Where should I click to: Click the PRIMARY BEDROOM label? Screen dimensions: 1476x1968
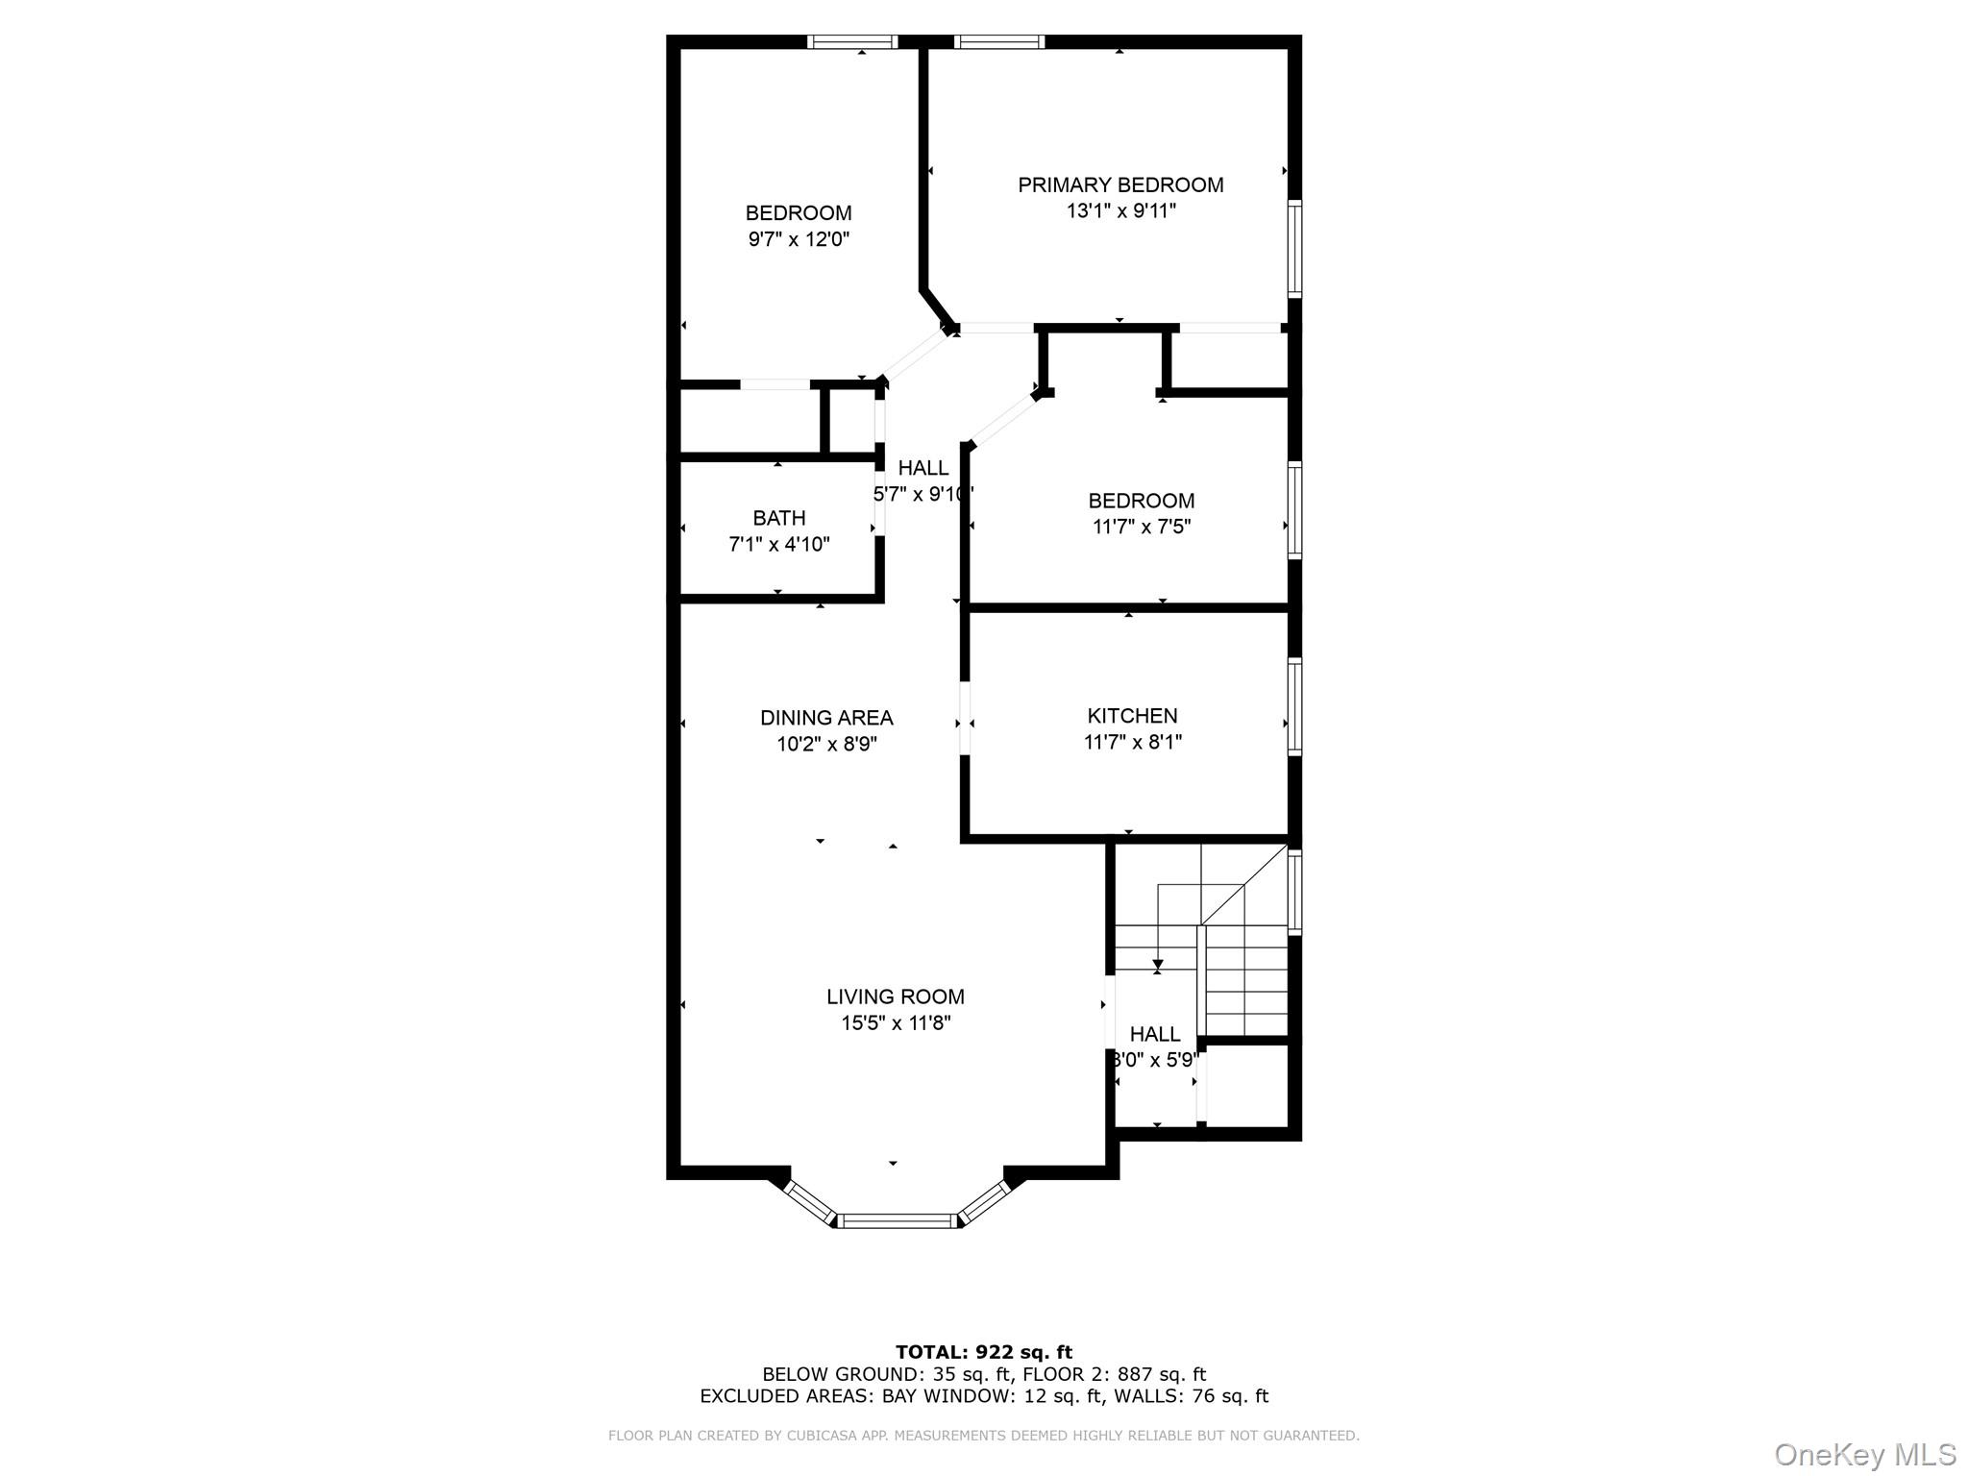coord(1120,184)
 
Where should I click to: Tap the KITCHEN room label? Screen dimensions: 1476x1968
coord(1132,716)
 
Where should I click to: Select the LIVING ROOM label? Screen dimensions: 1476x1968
coord(895,997)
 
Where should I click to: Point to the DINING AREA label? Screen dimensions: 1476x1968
coord(826,718)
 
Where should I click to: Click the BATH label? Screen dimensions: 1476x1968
coord(779,519)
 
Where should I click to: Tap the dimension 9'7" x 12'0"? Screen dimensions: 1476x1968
coord(799,239)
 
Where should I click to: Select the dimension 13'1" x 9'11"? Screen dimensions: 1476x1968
coord(1120,210)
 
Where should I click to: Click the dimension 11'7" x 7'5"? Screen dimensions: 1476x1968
coord(1141,527)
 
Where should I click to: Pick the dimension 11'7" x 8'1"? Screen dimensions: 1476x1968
coord(1132,742)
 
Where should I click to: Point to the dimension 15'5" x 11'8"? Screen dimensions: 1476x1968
coord(896,1023)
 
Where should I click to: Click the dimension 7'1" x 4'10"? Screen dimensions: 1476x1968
coord(779,545)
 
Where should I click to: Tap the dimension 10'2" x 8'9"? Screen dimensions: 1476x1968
coord(826,744)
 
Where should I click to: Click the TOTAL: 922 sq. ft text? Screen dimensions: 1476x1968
coord(983,1353)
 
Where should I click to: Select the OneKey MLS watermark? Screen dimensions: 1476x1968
coord(1864,1454)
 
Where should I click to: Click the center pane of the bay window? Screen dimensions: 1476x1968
coord(898,1220)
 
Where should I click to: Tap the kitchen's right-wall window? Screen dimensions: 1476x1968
coord(1295,706)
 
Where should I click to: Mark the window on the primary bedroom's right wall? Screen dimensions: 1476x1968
coord(1295,248)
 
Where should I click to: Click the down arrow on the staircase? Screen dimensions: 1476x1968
coord(1158,964)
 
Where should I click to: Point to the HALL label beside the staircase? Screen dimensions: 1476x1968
coord(1154,1035)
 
